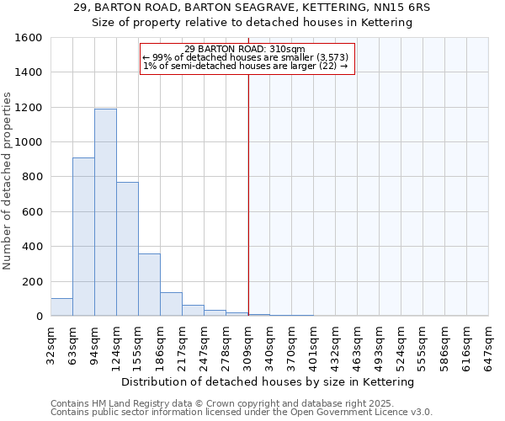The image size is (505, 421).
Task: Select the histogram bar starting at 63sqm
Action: coord(83,237)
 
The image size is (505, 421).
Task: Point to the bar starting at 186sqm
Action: coord(171,304)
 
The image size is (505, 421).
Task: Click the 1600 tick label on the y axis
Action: coord(29,38)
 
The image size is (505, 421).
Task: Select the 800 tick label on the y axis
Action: coord(32,177)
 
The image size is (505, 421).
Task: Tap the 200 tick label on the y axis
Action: coord(32,281)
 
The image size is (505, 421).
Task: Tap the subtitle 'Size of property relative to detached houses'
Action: coord(252,23)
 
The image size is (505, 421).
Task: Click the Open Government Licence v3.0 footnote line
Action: coord(242,413)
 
